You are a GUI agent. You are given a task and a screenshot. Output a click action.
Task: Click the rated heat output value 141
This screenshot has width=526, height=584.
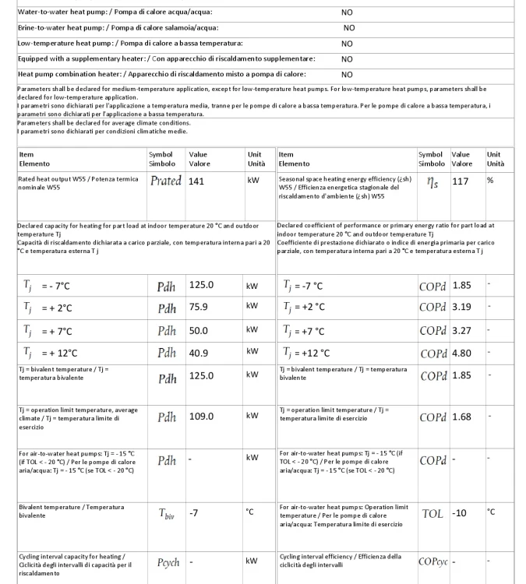tap(197, 181)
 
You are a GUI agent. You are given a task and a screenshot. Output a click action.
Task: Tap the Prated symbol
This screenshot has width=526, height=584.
tap(165, 181)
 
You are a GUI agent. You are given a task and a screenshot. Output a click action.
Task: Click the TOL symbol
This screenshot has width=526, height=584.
tap(432, 514)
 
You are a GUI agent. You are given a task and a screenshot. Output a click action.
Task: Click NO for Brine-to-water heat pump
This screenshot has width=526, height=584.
tap(348, 28)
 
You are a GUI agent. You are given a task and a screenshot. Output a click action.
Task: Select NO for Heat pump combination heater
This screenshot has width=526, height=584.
tap(347, 75)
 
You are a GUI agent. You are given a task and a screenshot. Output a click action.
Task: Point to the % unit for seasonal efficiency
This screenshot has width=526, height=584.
tap(491, 180)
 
